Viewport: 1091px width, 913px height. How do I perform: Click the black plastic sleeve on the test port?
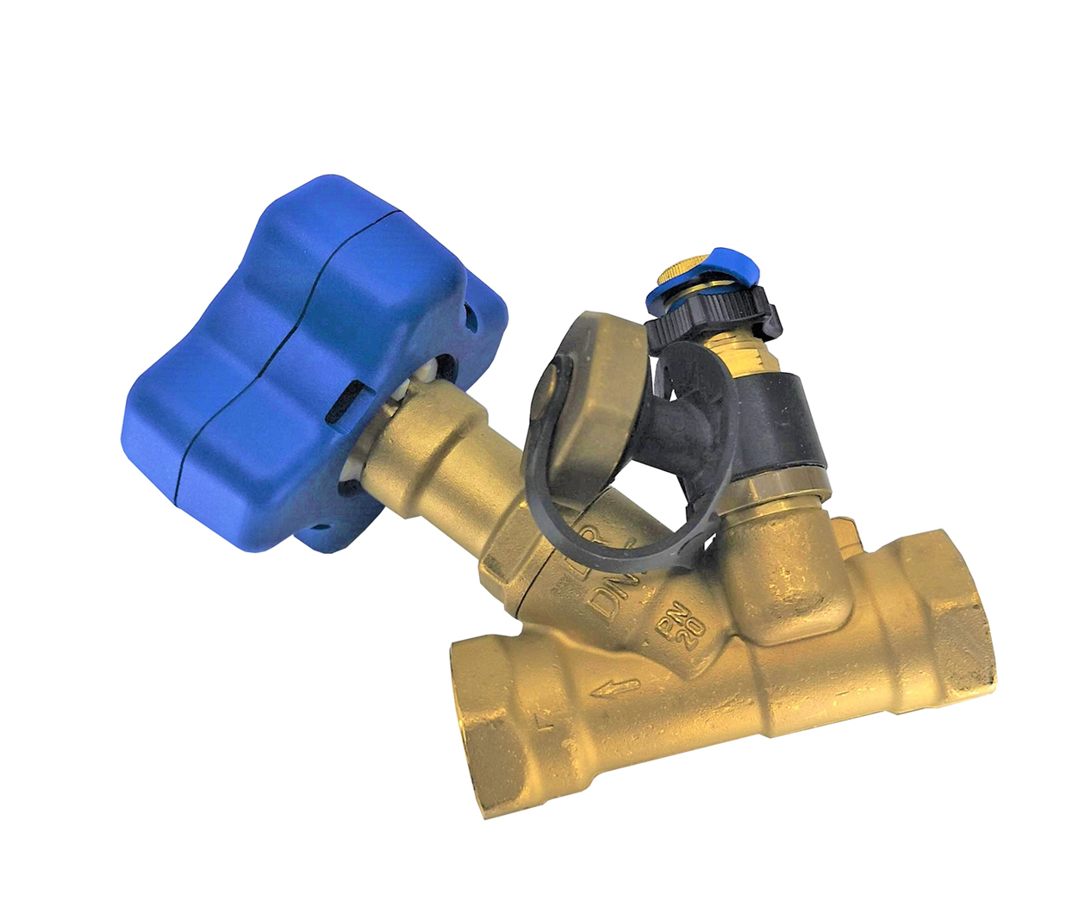(x=776, y=413)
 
